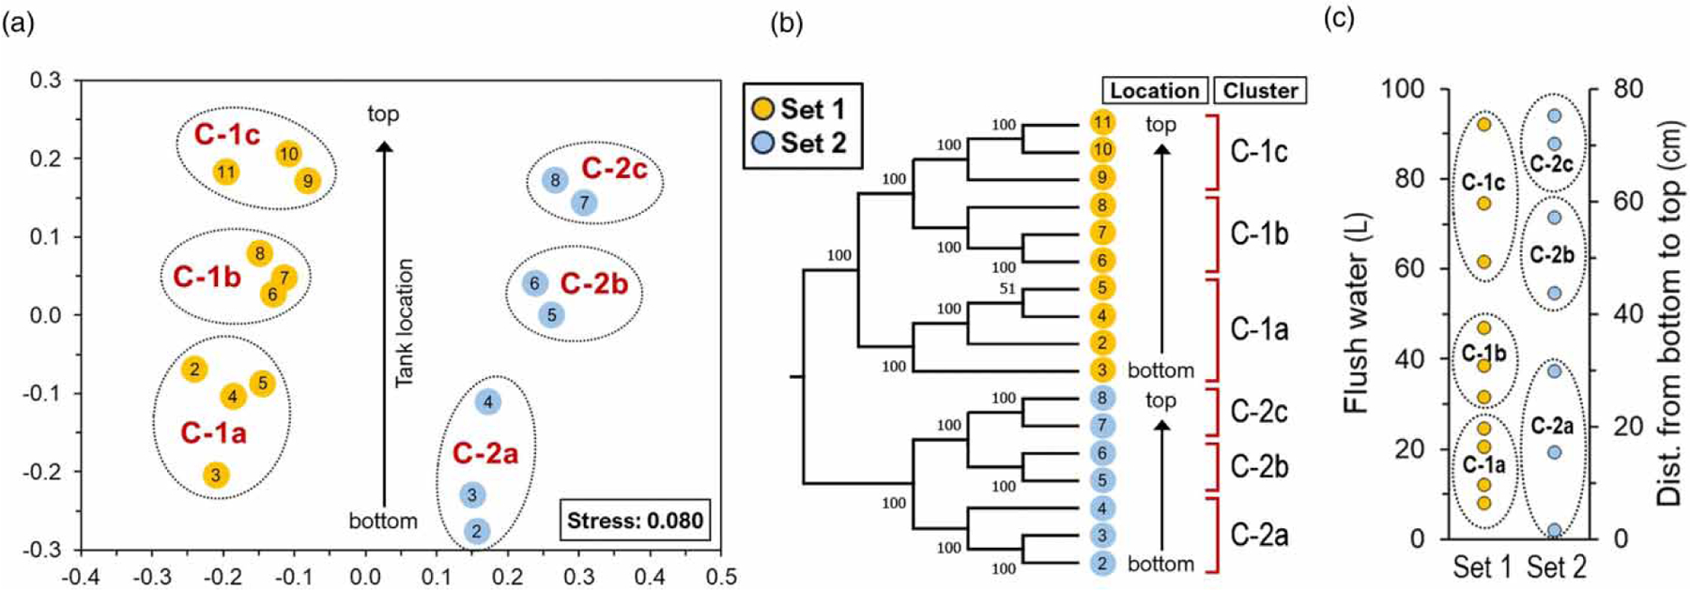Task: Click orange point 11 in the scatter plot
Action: tap(225, 172)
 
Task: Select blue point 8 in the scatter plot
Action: tap(555, 180)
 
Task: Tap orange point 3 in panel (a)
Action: tap(215, 475)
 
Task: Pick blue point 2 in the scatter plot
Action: tap(476, 532)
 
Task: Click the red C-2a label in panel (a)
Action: tap(484, 454)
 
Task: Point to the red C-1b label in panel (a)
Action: tap(207, 277)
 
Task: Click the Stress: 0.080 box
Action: tap(635, 521)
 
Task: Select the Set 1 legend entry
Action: tap(800, 110)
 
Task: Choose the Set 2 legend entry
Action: tap(800, 144)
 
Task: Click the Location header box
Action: tap(1155, 91)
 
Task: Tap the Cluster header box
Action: tap(1260, 91)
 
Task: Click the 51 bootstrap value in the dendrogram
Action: tap(1007, 289)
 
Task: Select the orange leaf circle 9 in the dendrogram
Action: tap(1102, 177)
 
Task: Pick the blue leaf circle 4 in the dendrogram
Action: tap(1102, 508)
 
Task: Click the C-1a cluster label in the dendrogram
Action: tap(1259, 329)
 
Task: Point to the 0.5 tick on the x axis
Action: tap(720, 576)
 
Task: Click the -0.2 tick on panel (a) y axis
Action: tap(42, 472)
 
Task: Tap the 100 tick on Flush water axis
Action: tap(1403, 89)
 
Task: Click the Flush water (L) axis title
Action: tap(1357, 314)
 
